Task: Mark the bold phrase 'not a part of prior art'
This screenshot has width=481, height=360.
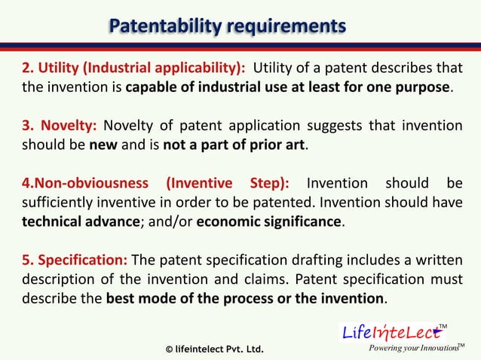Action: (x=234, y=145)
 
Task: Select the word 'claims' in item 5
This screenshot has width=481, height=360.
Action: (x=265, y=279)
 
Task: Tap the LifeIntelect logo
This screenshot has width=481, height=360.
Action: (x=392, y=331)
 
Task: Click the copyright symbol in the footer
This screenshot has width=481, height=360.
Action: (x=169, y=349)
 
